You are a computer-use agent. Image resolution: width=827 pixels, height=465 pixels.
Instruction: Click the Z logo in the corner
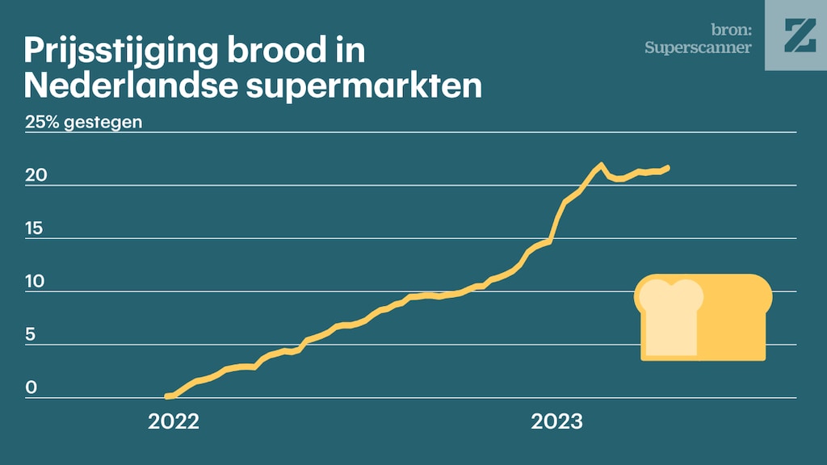(796, 35)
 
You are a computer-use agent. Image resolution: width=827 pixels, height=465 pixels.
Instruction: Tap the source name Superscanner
(698, 48)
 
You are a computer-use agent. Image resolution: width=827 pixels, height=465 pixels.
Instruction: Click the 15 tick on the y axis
(34, 228)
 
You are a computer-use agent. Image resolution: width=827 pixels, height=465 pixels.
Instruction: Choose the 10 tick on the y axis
(34, 282)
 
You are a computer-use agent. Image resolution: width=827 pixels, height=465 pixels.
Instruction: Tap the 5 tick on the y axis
(31, 335)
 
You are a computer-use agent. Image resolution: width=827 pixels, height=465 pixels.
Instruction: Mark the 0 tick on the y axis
(31, 388)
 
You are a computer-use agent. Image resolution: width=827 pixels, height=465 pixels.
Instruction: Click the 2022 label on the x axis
(173, 421)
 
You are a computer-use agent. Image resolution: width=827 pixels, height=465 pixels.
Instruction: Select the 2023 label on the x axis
(556, 421)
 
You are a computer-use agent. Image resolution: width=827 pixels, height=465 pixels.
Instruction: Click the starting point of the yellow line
(167, 396)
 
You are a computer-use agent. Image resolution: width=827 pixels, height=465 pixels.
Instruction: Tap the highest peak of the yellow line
(601, 165)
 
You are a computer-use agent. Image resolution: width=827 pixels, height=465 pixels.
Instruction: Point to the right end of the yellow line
(667, 168)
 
